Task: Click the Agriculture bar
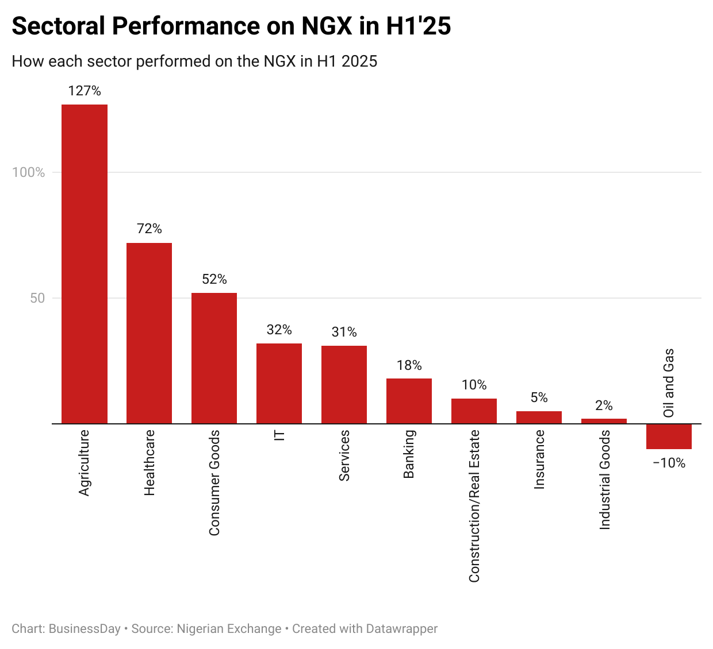coord(85,264)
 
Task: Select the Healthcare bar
coord(149,333)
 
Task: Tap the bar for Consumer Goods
coord(214,358)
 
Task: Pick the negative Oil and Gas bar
coord(669,436)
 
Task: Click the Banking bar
coord(409,401)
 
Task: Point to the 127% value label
coord(85,91)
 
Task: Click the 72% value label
coord(149,229)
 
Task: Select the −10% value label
coord(669,463)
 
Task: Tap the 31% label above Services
coord(344,332)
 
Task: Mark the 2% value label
coord(604,405)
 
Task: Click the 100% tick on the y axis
coord(29,172)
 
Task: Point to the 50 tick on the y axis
coord(37,298)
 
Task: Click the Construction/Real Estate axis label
coord(474,506)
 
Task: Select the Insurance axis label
coord(539,459)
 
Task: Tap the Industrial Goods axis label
coord(604,480)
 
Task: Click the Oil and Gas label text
coord(669,383)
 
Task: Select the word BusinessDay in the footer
coord(85,629)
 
